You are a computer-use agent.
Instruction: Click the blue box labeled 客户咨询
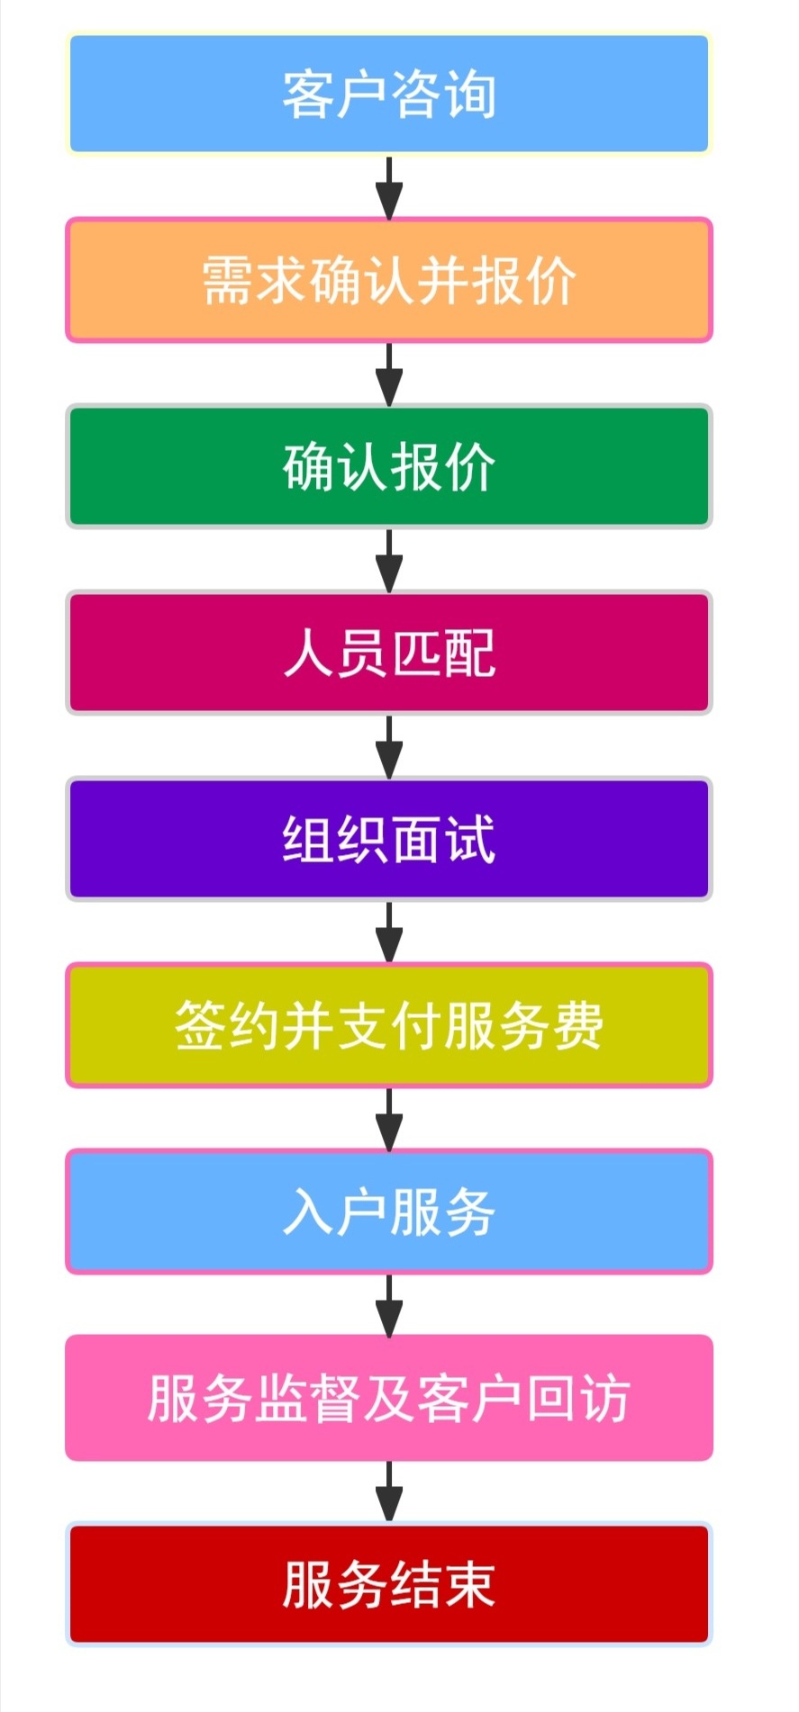(x=389, y=94)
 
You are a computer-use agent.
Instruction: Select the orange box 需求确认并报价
(x=389, y=280)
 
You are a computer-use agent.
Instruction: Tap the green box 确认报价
(x=389, y=466)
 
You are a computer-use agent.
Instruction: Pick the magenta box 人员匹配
(x=389, y=653)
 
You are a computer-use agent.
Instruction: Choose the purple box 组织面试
(x=389, y=839)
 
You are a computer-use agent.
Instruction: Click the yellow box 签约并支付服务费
(x=389, y=1025)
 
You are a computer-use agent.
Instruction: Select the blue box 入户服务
(x=389, y=1212)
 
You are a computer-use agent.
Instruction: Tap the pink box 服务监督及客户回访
(x=389, y=1398)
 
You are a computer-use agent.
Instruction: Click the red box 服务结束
(x=389, y=1584)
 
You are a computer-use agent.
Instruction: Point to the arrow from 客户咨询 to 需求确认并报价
(x=389, y=187)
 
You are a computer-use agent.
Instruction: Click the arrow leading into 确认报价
(x=389, y=374)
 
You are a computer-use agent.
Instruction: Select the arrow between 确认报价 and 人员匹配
(x=389, y=560)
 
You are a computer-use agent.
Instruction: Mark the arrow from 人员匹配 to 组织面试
(x=389, y=746)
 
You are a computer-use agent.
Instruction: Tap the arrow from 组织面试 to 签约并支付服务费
(x=389, y=933)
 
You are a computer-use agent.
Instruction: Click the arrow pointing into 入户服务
(x=389, y=1119)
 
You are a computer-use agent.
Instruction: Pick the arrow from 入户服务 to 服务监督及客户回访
(x=389, y=1305)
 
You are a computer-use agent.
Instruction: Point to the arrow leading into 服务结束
(x=389, y=1491)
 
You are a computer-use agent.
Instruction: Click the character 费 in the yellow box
(x=578, y=1025)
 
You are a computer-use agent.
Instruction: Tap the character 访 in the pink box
(x=605, y=1398)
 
